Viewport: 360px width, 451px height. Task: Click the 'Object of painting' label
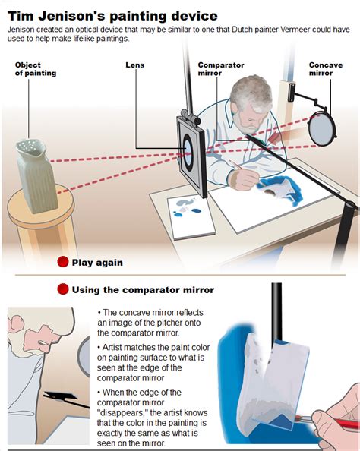[x=36, y=69]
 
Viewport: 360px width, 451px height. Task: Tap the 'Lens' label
[x=134, y=65]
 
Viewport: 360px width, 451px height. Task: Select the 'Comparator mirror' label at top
[x=221, y=69]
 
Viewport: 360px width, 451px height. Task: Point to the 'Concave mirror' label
[x=326, y=69]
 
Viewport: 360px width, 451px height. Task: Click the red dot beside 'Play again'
[x=63, y=262]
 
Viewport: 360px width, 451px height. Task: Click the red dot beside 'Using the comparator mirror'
[x=63, y=289]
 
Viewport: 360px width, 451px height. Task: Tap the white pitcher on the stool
[x=36, y=176]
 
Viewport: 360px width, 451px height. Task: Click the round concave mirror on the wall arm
[x=321, y=129]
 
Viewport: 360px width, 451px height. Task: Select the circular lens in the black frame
[x=188, y=151]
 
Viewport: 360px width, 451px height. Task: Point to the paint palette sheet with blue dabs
[x=191, y=216]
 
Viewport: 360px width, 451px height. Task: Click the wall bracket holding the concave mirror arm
[x=292, y=92]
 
